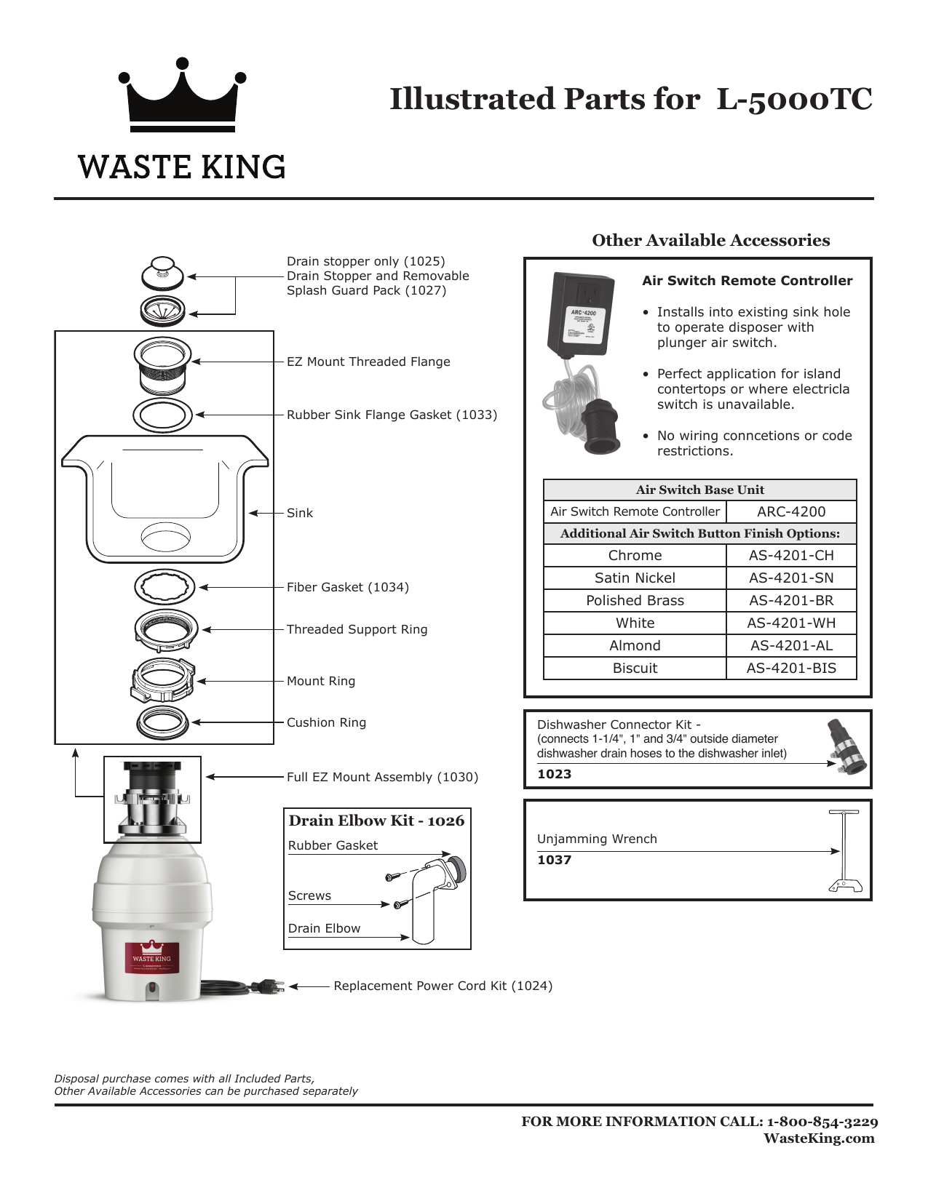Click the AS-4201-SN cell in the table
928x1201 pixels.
(x=791, y=578)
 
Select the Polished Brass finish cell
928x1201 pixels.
(x=635, y=600)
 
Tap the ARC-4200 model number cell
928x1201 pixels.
(x=791, y=511)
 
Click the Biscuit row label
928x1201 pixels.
(x=635, y=668)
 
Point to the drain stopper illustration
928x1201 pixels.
(x=162, y=274)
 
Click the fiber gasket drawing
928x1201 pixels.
(x=165, y=586)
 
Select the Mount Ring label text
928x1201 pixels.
(x=320, y=681)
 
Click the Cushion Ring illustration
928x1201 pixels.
(x=163, y=722)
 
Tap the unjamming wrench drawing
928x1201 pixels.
(x=844, y=850)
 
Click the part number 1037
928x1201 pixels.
(x=554, y=860)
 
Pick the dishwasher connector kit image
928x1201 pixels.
(x=846, y=747)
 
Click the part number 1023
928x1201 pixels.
(x=554, y=774)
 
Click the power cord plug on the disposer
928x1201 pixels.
(x=267, y=986)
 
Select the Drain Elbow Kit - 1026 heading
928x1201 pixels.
(x=376, y=821)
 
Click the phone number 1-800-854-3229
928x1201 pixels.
(x=822, y=1122)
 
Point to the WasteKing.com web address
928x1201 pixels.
(x=818, y=1138)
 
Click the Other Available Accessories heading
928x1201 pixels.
(x=710, y=240)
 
